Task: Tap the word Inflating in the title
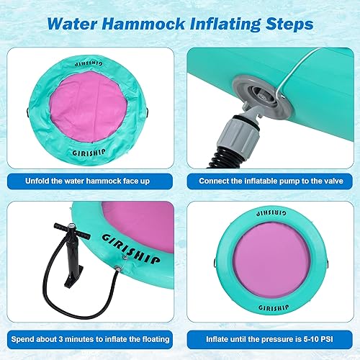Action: (221, 24)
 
